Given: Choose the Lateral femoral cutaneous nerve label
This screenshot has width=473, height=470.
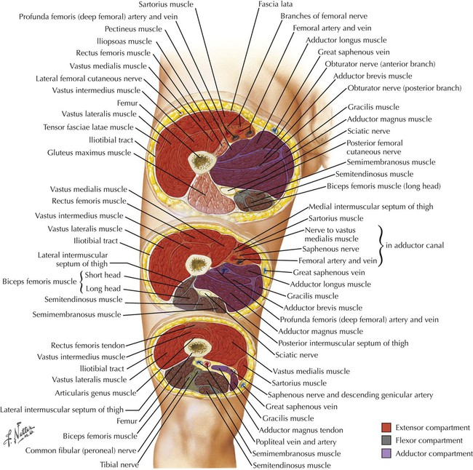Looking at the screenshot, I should pyautogui.click(x=84, y=78).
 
